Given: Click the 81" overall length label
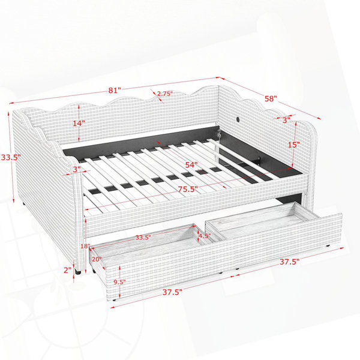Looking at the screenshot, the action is [115, 90].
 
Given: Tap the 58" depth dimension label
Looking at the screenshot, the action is [271, 98].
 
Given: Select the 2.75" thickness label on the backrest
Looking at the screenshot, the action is [164, 94].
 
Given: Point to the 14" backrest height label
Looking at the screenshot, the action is [79, 123].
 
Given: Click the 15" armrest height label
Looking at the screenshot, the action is [294, 145].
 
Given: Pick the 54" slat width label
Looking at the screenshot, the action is [191, 164].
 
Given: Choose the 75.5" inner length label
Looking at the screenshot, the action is [188, 189].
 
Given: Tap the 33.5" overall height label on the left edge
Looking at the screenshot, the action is [11, 157].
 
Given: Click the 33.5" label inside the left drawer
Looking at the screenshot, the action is [143, 238].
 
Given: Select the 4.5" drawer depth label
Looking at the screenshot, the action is [205, 236].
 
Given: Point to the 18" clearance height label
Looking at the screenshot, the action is [85, 246].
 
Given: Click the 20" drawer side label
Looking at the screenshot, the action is [97, 259].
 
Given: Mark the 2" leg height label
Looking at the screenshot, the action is [67, 270].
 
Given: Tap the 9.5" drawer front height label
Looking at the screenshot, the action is [119, 282].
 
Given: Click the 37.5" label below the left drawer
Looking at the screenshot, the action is [172, 292].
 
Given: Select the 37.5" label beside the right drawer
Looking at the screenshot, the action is [289, 262].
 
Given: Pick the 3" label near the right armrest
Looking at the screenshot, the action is [286, 120].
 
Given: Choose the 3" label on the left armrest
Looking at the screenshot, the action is [77, 169].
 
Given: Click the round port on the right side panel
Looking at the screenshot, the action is [238, 119].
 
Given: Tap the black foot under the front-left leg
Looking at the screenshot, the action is [78, 272].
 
